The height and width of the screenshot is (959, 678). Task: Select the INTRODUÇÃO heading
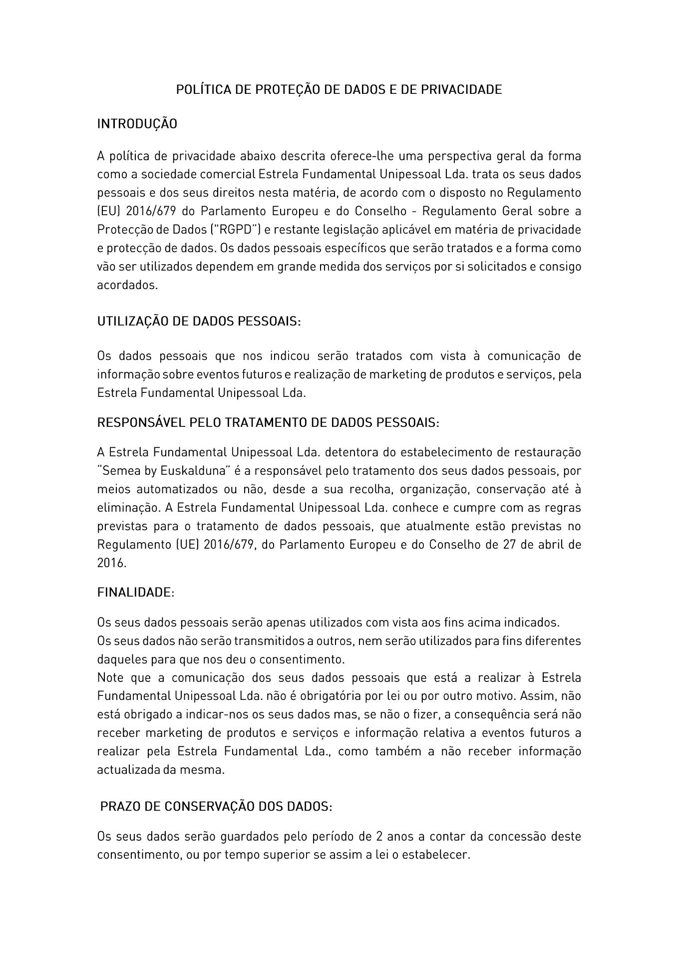pyautogui.click(x=137, y=124)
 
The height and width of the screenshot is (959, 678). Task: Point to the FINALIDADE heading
pyautogui.click(x=135, y=593)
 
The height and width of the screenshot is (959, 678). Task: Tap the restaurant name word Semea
pyautogui.click(x=116, y=471)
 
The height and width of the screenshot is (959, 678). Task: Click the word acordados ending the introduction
pyautogui.click(x=126, y=285)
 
